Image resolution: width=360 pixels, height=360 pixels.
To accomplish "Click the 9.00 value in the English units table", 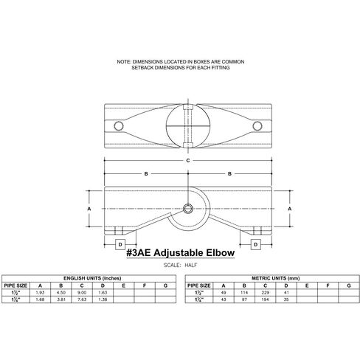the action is coord(82,293).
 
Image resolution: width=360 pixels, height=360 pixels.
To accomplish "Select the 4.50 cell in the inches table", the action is coord(61,293).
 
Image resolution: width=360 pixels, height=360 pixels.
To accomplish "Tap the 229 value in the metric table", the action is coord(265,293).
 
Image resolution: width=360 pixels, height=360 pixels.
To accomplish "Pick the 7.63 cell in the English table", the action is coord(82,300).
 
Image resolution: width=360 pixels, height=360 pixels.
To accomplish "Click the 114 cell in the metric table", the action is coord(244,293).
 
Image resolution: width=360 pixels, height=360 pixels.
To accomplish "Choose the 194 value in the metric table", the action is coord(265,300).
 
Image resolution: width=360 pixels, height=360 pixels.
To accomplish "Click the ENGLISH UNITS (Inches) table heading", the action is coord(92,278).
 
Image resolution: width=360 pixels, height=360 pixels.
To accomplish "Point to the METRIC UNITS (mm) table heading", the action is coord(276,278).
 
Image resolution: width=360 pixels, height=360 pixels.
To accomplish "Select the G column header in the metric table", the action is coord(349,285).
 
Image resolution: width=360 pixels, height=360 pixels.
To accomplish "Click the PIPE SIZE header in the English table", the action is coord(15,285).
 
